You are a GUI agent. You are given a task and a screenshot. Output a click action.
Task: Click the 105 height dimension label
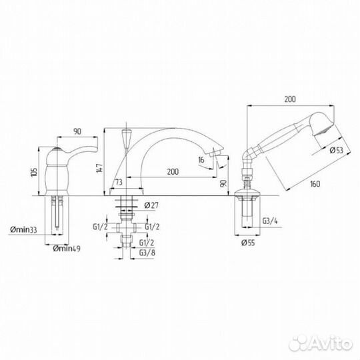pos(34,171)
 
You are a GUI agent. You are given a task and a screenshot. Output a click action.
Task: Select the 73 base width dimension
pos(119,182)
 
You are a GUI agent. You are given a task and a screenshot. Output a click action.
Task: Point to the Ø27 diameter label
pos(151,205)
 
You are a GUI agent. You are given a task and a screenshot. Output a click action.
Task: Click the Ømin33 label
pos(23,229)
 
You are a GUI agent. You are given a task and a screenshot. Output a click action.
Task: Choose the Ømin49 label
pos(67,248)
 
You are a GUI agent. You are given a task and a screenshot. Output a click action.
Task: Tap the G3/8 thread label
pos(147,253)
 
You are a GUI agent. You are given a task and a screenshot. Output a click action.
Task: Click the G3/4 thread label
pos(270,221)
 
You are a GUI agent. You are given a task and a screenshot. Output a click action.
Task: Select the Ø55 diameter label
pos(248,243)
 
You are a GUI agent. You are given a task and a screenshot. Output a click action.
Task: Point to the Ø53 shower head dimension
pos(336,150)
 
